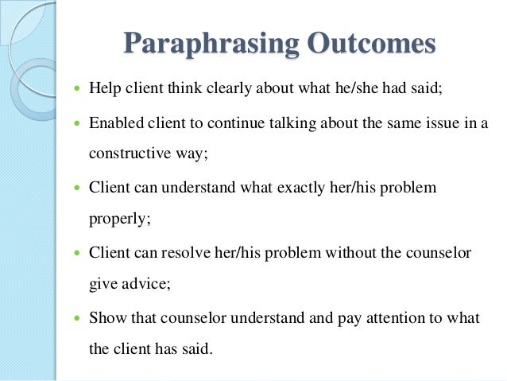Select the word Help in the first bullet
coord(103,87)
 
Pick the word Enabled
coord(113,123)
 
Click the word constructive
coord(131,154)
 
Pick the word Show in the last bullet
coord(104,318)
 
